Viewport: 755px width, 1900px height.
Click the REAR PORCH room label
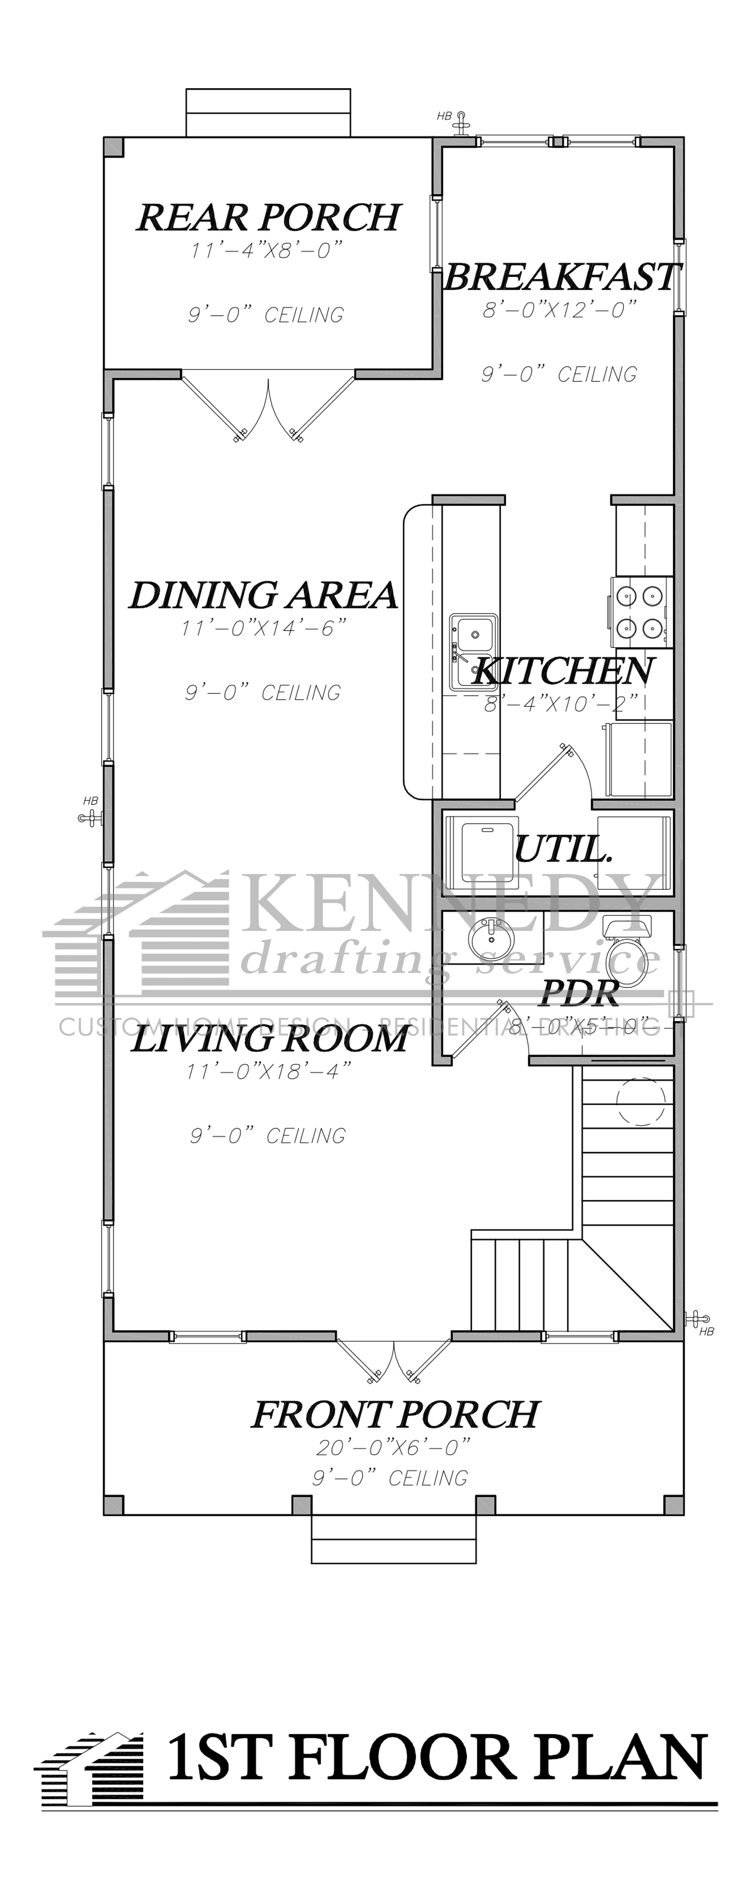(268, 217)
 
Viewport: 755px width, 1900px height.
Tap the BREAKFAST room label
(560, 277)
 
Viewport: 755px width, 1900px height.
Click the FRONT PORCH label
(396, 1414)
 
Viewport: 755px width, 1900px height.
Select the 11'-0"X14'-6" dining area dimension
(264, 628)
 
